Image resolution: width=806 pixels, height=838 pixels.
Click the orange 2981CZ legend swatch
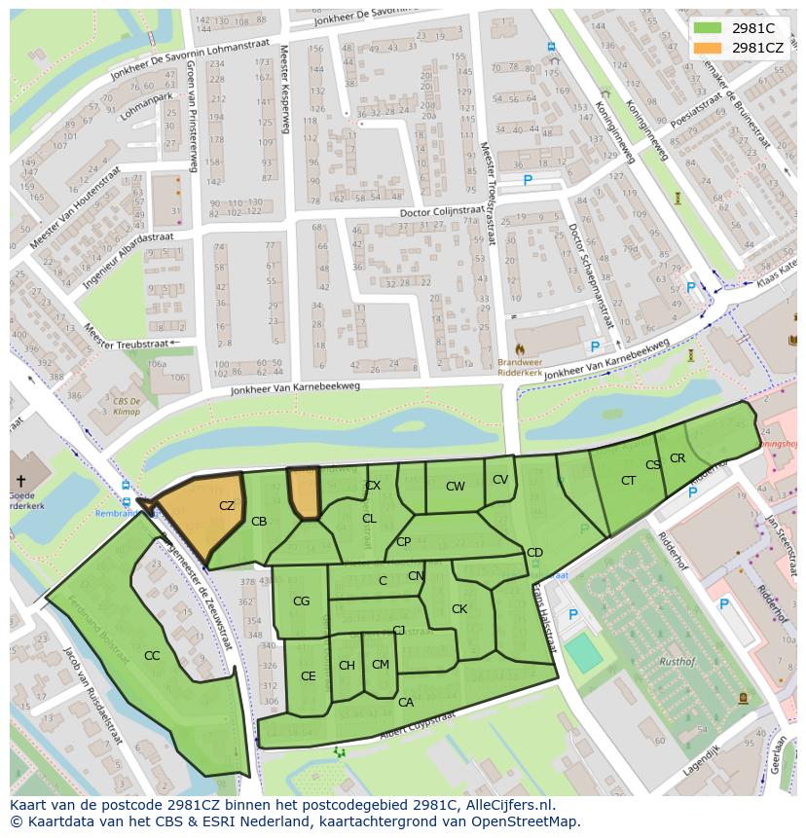click(x=708, y=48)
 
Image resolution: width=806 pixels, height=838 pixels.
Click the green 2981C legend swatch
click(x=708, y=28)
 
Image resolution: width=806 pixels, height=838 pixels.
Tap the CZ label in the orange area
click(x=227, y=506)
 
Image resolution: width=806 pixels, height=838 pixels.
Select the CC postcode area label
click(x=152, y=656)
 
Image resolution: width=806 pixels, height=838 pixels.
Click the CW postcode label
click(x=455, y=487)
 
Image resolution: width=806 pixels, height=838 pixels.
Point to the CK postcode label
click(x=459, y=609)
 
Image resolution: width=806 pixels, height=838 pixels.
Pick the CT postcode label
click(x=628, y=481)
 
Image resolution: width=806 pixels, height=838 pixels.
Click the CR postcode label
click(x=678, y=458)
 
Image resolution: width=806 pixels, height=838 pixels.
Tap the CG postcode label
click(x=301, y=601)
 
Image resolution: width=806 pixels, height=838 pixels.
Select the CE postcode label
click(x=308, y=676)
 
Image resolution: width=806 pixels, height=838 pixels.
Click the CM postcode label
click(x=380, y=665)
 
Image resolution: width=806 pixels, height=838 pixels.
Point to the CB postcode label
click(x=259, y=522)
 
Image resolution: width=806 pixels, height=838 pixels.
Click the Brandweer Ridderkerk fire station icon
click(x=519, y=347)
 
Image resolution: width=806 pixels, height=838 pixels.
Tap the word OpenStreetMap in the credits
click(x=529, y=821)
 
